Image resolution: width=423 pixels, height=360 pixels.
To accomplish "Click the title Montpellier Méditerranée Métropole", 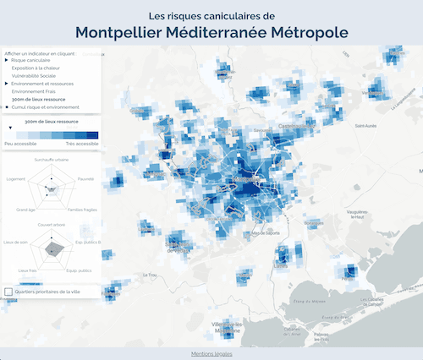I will (x=211, y=32).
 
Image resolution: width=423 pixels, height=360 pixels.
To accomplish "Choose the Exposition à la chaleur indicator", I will (x=40, y=68).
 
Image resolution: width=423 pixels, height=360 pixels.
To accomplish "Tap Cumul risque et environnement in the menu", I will (x=46, y=106).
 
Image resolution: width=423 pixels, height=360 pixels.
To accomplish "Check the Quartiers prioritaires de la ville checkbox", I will (x=8, y=292).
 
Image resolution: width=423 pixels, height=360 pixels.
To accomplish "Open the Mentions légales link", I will (x=211, y=353).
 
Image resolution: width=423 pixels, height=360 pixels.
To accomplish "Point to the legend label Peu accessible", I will (x=20, y=144).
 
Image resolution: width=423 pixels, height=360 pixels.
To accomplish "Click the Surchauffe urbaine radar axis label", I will (x=51, y=159).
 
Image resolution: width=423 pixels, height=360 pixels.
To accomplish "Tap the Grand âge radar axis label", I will (x=25, y=209).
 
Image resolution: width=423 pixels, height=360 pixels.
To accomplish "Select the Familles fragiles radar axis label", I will (x=82, y=209).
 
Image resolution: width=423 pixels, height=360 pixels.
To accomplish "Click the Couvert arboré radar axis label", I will (x=51, y=226).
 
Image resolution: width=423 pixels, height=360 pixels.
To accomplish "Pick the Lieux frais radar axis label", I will (x=28, y=270).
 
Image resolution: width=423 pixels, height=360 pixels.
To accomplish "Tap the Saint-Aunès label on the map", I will (x=365, y=127).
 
